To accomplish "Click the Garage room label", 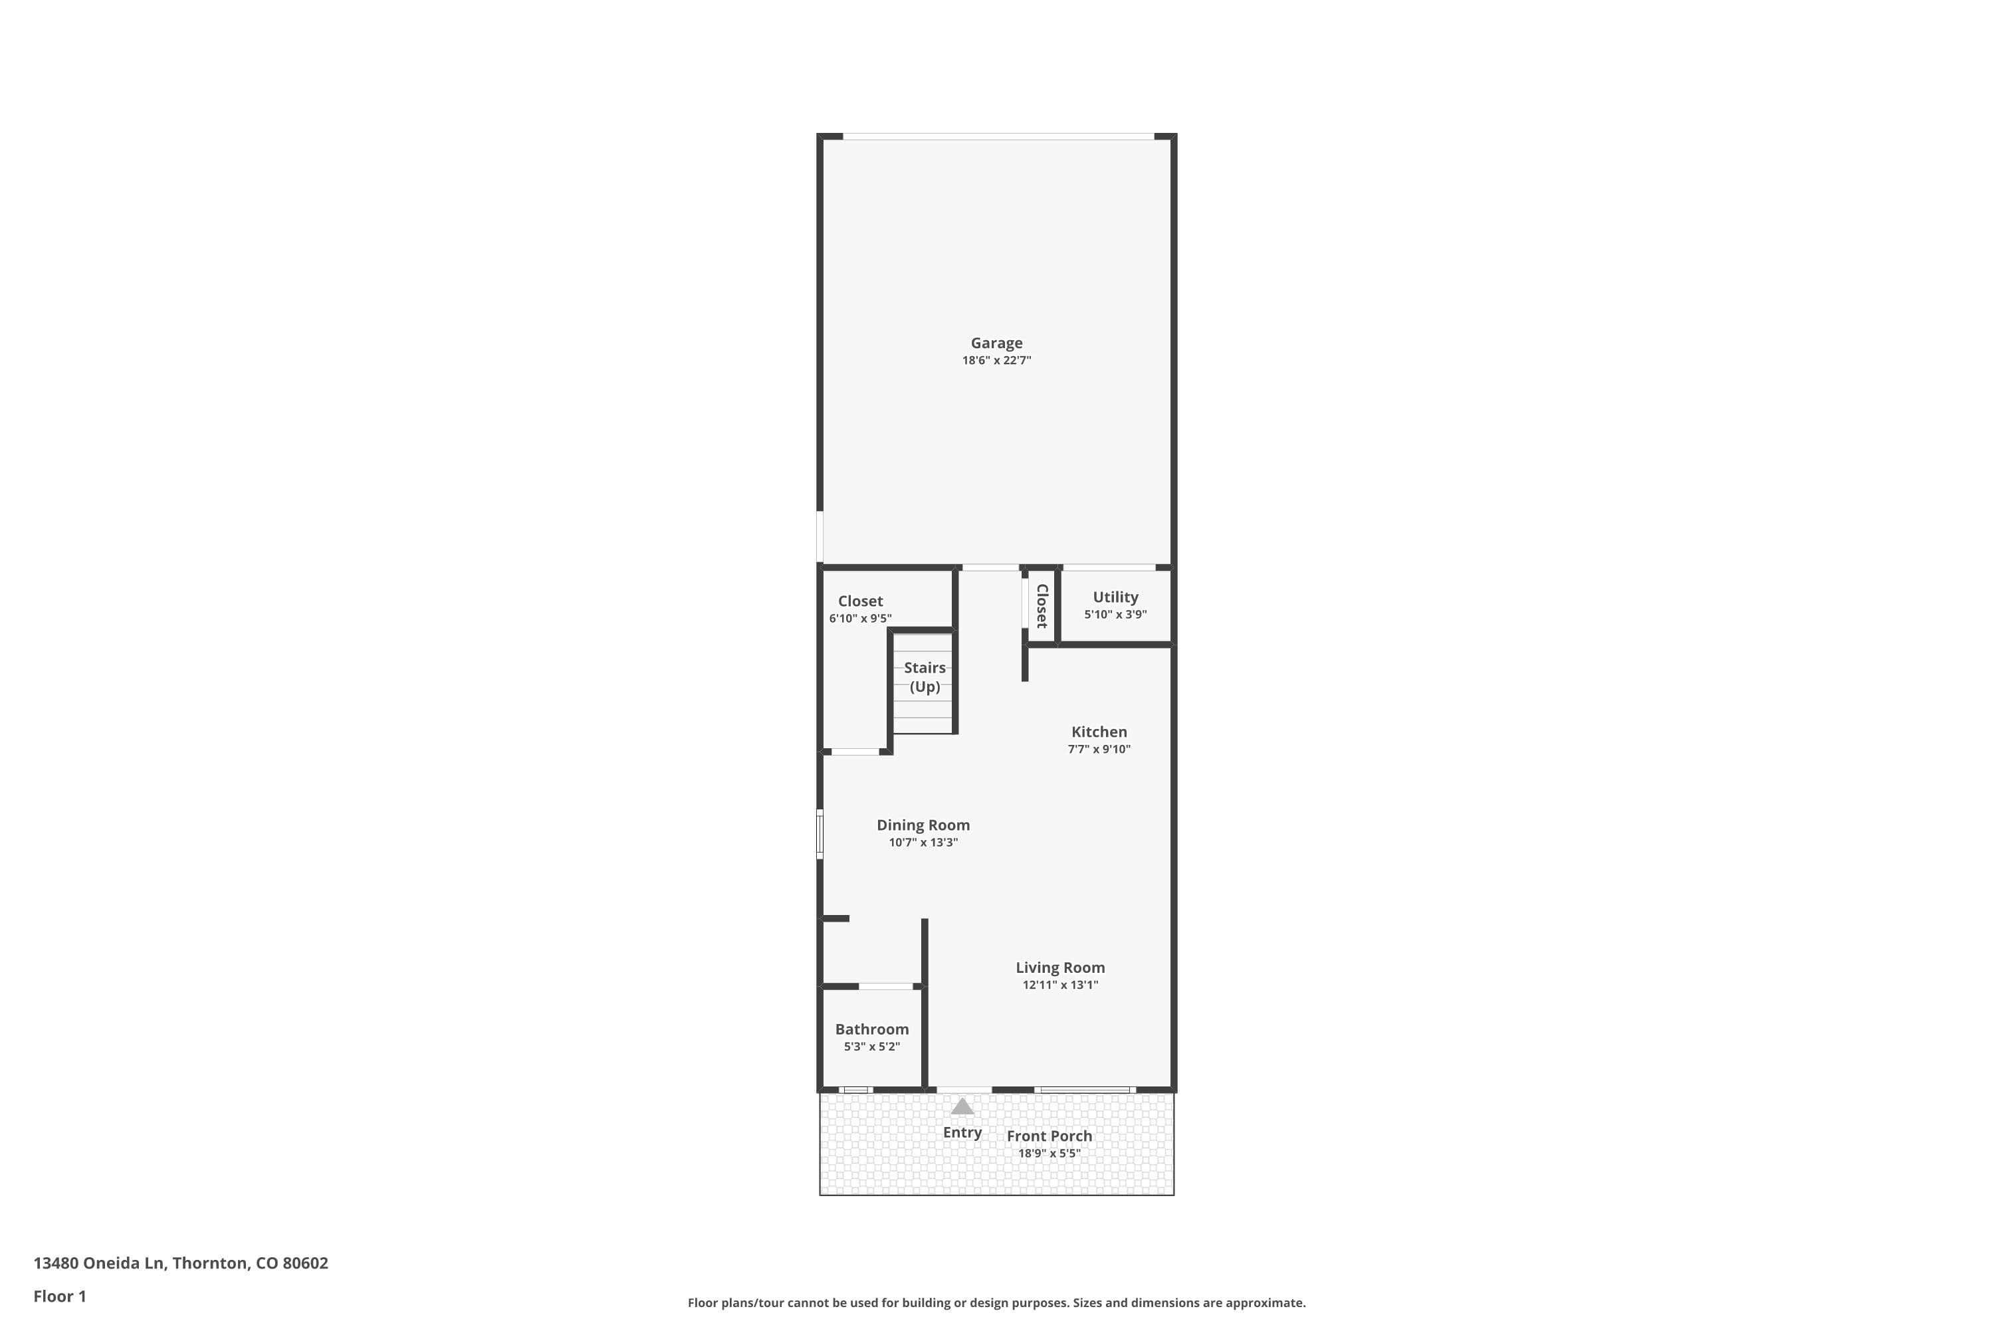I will (x=996, y=344).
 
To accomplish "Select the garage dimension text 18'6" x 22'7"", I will (x=996, y=361).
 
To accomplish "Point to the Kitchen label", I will (x=1099, y=732).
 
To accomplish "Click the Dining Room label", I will (x=923, y=825).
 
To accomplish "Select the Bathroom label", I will (x=871, y=1030).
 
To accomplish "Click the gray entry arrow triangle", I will (x=962, y=1106).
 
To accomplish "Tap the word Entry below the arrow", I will (x=962, y=1133).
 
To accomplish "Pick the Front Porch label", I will (x=1050, y=1136).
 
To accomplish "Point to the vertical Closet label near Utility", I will (x=1042, y=606).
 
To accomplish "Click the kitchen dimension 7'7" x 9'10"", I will (x=1099, y=750).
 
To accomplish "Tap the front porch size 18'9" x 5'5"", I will (x=1050, y=1154).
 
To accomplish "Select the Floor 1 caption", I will (x=60, y=1297).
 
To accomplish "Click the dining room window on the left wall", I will (x=820, y=834).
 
